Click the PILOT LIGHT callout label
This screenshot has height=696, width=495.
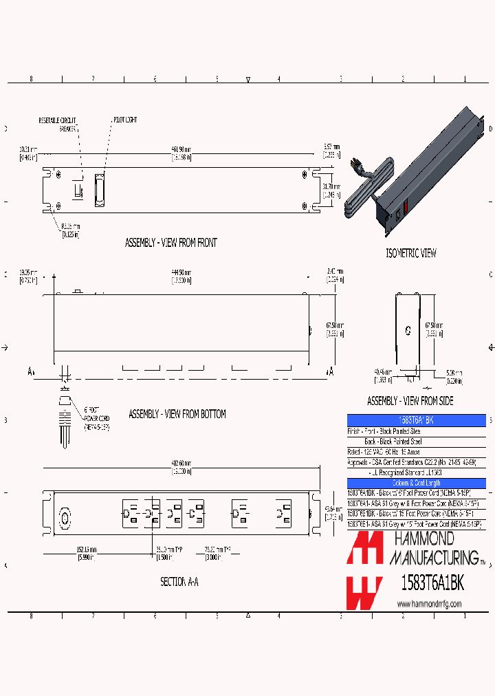click(x=125, y=120)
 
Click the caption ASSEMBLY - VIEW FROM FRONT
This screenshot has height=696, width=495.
click(x=170, y=243)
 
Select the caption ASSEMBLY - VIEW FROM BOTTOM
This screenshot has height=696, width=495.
click(x=177, y=414)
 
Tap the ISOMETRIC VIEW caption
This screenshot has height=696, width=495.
click(x=410, y=253)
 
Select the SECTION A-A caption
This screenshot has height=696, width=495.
click(x=179, y=582)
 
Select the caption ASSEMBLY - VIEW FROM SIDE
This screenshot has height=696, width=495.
click(x=410, y=401)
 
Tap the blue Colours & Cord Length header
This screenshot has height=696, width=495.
click(x=416, y=483)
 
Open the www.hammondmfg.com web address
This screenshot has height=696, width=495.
click(x=429, y=603)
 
